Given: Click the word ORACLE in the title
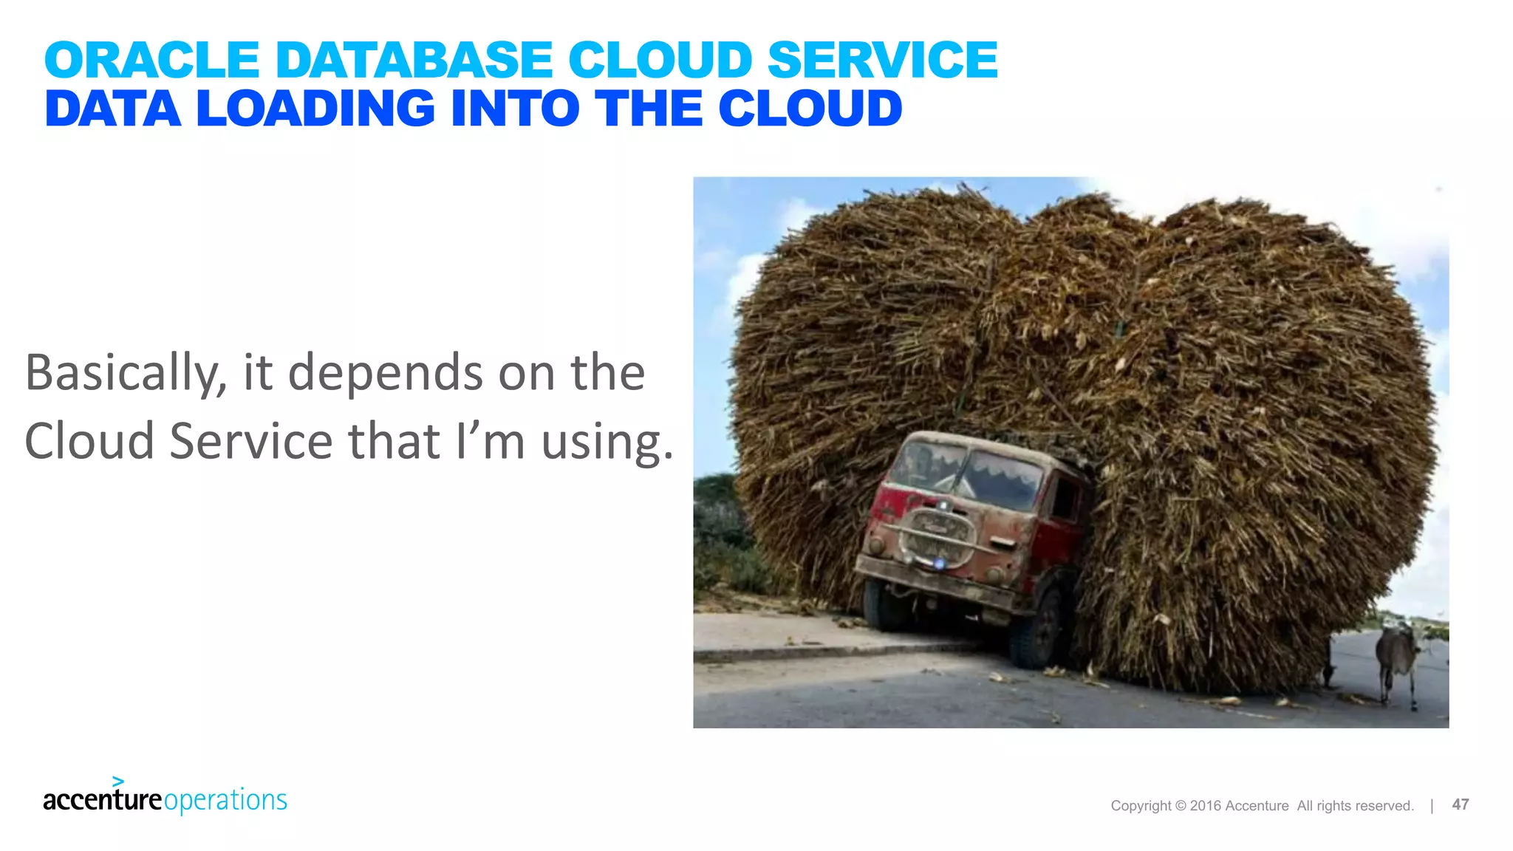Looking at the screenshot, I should (x=151, y=60).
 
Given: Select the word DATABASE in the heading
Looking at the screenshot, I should (x=414, y=60).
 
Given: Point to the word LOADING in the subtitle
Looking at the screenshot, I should (x=315, y=109).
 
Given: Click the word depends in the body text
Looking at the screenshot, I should (x=385, y=373).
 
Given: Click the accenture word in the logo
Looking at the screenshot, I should (x=102, y=800).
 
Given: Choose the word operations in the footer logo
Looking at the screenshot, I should (x=225, y=801).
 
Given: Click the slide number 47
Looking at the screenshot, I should (x=1460, y=804).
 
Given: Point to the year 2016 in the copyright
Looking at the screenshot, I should (x=1205, y=806).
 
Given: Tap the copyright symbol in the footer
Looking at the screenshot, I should (x=1180, y=806).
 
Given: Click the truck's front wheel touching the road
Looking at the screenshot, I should (x=1039, y=632).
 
